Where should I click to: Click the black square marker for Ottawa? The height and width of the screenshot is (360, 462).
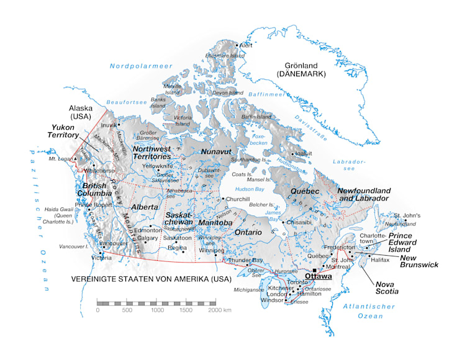coord(315,271)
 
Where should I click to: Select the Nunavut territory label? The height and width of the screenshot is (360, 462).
coord(216,151)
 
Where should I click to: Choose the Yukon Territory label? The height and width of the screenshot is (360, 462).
coord(65,130)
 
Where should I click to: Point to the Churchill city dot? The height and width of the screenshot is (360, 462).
coord(222,199)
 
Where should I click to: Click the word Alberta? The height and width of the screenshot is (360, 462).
coord(144,207)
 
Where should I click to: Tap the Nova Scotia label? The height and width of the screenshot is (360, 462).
coord(403,287)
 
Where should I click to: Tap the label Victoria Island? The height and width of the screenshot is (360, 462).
coord(183,120)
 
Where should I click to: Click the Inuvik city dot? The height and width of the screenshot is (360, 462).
coord(119,125)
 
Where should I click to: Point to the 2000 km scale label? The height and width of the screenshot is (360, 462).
coord(219,308)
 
